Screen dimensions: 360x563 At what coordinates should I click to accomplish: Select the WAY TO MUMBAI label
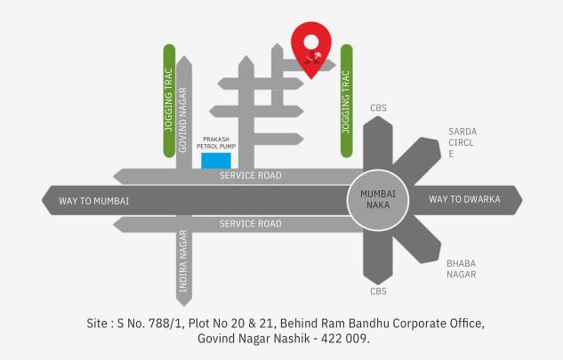coord(94,200)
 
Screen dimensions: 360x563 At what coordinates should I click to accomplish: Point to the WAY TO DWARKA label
coord(464,199)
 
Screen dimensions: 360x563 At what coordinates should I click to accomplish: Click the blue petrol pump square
coord(216,160)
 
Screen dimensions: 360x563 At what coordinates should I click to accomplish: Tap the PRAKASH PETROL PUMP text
coord(217,143)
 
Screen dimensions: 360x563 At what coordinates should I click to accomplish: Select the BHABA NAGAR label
coord(461,269)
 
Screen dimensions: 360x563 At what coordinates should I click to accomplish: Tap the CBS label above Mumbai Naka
coord(378,108)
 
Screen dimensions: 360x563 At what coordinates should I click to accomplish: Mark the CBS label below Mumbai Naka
coord(378,291)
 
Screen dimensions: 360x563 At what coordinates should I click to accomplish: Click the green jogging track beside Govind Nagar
coord(167,100)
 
